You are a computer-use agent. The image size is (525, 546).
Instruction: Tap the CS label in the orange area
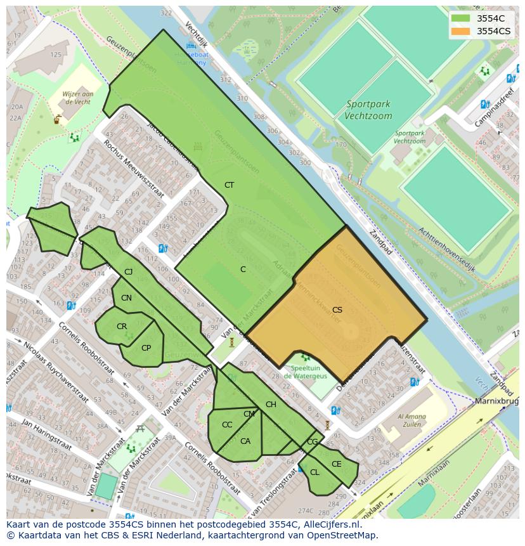click(x=337, y=310)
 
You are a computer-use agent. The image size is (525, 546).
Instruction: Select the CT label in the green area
click(x=229, y=185)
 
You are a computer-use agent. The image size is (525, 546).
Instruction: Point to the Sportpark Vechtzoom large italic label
click(x=368, y=110)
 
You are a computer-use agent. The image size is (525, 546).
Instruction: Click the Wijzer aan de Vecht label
click(x=78, y=98)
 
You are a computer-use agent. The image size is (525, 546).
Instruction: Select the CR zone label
click(x=122, y=327)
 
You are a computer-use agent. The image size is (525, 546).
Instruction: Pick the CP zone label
click(x=146, y=348)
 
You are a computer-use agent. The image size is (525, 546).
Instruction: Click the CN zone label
click(x=126, y=298)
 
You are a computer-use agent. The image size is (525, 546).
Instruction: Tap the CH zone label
click(x=271, y=405)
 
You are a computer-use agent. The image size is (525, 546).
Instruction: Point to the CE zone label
click(x=336, y=464)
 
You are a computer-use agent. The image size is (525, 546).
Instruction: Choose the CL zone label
click(x=314, y=472)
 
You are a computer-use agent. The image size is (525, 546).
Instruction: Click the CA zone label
click(x=245, y=441)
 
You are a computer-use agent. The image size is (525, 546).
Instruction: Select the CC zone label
click(x=226, y=425)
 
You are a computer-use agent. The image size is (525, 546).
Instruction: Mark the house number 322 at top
click(x=166, y=13)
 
